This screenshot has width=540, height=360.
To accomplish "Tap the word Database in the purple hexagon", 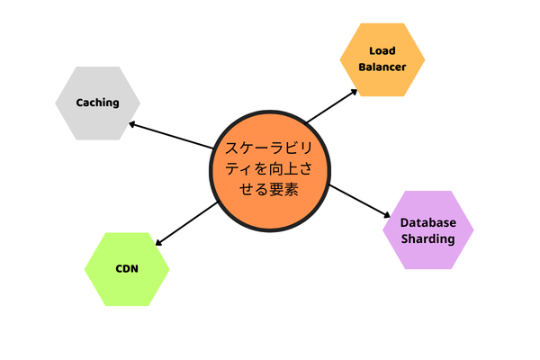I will point(427,222).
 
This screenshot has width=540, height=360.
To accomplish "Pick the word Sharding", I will point(427,239).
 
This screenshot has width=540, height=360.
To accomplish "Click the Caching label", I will point(98,103).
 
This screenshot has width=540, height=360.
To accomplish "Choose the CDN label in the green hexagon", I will point(127,269).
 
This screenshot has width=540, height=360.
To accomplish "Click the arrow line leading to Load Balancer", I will point(329,104).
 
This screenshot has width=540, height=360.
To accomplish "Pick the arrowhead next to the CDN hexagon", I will point(159,241).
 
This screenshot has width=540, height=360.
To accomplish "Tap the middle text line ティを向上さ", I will point(270,169).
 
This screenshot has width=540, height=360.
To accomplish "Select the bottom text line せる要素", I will point(270,191).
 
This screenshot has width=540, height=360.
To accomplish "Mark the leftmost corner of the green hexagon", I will point(85,269).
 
